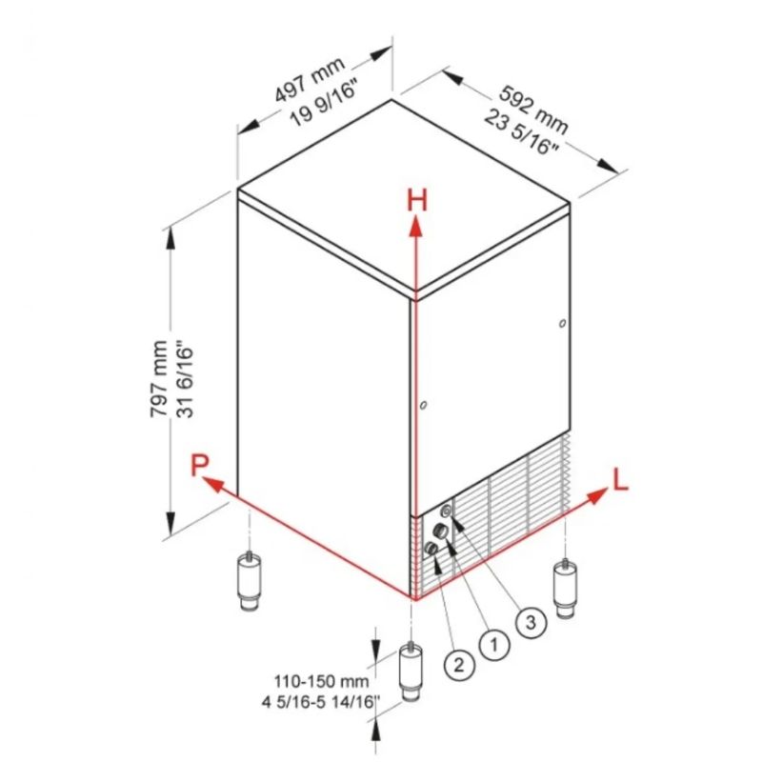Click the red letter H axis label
pos(417,200)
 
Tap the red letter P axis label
pos(199,465)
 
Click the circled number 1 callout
pos(494,645)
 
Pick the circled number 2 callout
pos(459,664)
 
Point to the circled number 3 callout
pos(531,622)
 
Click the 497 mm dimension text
pos(311,79)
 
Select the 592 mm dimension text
pos(533,110)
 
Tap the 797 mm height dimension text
pos(158,378)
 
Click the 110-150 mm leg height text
pos(322,681)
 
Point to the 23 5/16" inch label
pos(521,132)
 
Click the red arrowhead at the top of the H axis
pos(415,227)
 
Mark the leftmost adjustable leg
pos(249,580)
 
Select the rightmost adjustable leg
pos(565,589)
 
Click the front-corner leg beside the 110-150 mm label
pos(411,672)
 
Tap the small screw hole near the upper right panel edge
pos(563,323)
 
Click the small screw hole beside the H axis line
pos(424,405)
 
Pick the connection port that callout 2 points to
pos(431,549)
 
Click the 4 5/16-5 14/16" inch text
pos(321,702)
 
